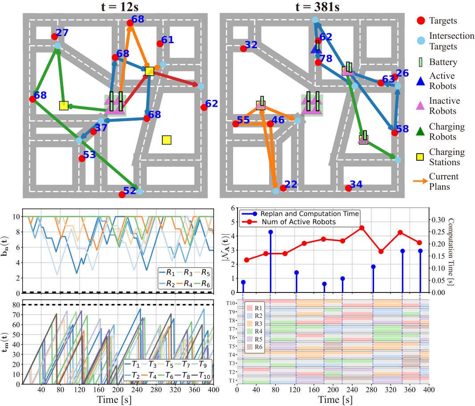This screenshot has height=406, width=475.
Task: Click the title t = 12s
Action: tap(120, 6)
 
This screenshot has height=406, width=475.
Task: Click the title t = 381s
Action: tap(318, 6)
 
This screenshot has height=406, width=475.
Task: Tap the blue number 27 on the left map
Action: tap(62, 32)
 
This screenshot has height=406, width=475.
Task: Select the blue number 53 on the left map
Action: tap(89, 154)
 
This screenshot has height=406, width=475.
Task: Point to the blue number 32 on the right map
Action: tap(251, 45)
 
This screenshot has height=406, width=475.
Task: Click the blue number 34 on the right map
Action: tap(356, 184)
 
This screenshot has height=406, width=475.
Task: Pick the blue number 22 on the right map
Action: tap(291, 184)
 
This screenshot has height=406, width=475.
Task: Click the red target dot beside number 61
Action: tap(160, 44)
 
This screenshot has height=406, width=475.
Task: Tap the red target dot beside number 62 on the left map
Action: tap(204, 107)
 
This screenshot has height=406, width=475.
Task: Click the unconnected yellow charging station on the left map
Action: tap(167, 140)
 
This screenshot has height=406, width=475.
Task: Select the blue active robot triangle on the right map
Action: tap(316, 48)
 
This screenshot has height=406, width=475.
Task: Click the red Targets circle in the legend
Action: tap(421, 20)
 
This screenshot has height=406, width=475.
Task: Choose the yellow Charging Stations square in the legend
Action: tap(420, 157)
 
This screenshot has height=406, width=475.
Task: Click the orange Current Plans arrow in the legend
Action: tap(420, 181)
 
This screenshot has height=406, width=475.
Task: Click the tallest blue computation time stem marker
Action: tap(270, 232)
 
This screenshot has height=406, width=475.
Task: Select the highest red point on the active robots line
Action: tap(362, 228)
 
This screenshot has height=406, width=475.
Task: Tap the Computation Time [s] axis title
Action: tap(451, 252)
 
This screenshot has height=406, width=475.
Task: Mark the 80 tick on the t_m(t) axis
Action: tap(16, 305)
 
